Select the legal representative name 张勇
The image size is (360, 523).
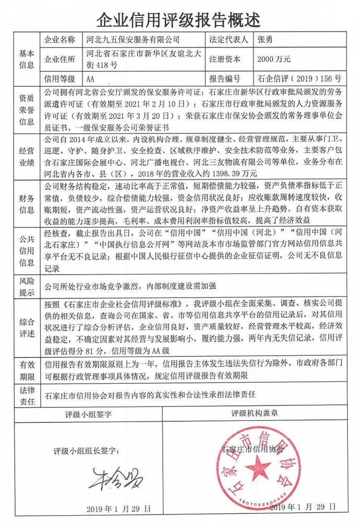click(x=265, y=40)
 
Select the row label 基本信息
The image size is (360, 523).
click(x=27, y=59)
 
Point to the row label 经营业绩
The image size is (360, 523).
click(x=27, y=156)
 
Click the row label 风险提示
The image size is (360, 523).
click(x=27, y=286)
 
